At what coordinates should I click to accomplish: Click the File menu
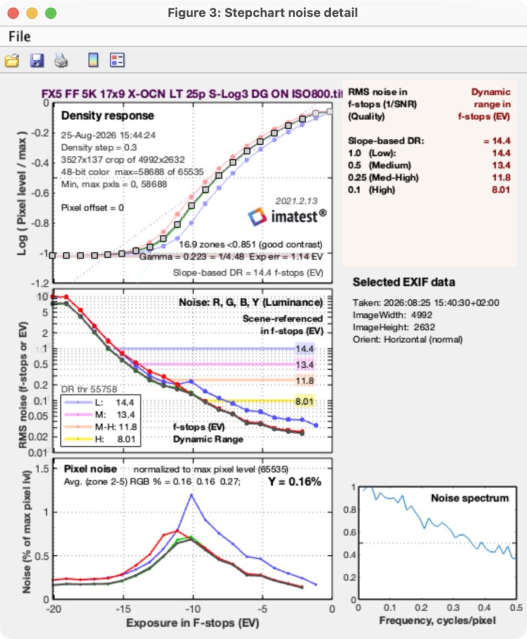click(x=19, y=37)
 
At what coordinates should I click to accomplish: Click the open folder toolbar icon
click(x=12, y=61)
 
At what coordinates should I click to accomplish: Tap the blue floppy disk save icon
click(x=37, y=61)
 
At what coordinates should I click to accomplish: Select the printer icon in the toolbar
click(x=61, y=61)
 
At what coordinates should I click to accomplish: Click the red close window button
click(x=13, y=13)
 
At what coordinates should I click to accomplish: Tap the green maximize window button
click(x=50, y=13)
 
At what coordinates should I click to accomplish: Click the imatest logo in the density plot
click(x=287, y=216)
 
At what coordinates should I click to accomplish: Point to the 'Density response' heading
click(x=108, y=116)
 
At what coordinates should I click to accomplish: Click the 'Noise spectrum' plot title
click(x=470, y=498)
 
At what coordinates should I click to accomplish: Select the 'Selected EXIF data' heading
click(x=403, y=282)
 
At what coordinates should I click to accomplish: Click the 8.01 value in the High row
click(x=501, y=190)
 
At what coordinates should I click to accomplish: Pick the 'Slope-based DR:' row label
click(x=386, y=141)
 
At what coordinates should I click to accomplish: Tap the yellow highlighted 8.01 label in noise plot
click(x=304, y=401)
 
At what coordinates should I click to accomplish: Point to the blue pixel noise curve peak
click(x=191, y=495)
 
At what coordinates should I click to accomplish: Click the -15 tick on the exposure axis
click(x=123, y=609)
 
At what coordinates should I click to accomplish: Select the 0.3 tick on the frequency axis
click(x=453, y=607)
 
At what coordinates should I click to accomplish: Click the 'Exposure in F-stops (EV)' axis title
click(x=193, y=623)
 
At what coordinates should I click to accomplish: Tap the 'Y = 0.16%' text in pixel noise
click(x=295, y=481)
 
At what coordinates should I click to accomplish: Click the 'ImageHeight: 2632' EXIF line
click(x=393, y=327)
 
